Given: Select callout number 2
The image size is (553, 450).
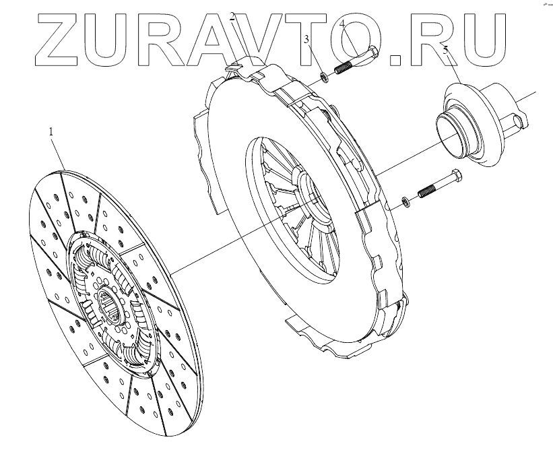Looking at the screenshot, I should pos(232,17).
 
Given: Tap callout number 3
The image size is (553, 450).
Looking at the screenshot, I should pos(306,40).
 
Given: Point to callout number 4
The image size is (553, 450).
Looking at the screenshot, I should pos(342,26).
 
